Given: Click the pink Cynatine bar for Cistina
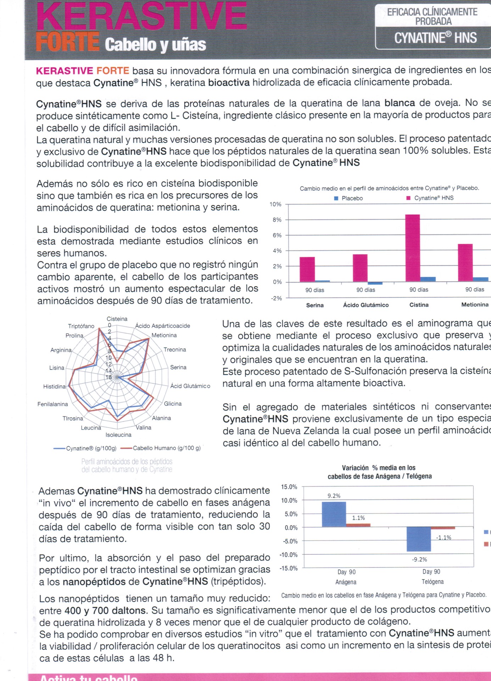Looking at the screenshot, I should (x=412, y=248).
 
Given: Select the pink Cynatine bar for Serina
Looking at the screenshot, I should (x=307, y=269).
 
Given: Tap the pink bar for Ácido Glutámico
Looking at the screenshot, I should (x=360, y=268).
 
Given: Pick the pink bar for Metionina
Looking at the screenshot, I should (x=465, y=262).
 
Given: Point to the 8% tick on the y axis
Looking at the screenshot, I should (x=277, y=220).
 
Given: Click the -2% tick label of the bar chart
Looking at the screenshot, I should (x=276, y=298).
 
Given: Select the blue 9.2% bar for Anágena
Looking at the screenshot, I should (x=334, y=514).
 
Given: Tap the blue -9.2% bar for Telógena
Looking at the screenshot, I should (x=419, y=539).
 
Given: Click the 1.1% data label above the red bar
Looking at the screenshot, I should (x=358, y=518).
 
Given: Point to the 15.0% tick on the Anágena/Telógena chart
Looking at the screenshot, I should (x=289, y=487).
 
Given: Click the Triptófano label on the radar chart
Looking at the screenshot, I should (x=81, y=326).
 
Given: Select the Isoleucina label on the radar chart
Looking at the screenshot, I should (x=118, y=435).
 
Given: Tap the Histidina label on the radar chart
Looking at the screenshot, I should (x=54, y=386).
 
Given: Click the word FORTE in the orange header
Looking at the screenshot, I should (x=67, y=42).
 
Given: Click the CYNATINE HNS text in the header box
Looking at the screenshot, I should (x=435, y=38).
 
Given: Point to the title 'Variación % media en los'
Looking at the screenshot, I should (x=378, y=468).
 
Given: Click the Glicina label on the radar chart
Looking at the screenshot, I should (x=173, y=404).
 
